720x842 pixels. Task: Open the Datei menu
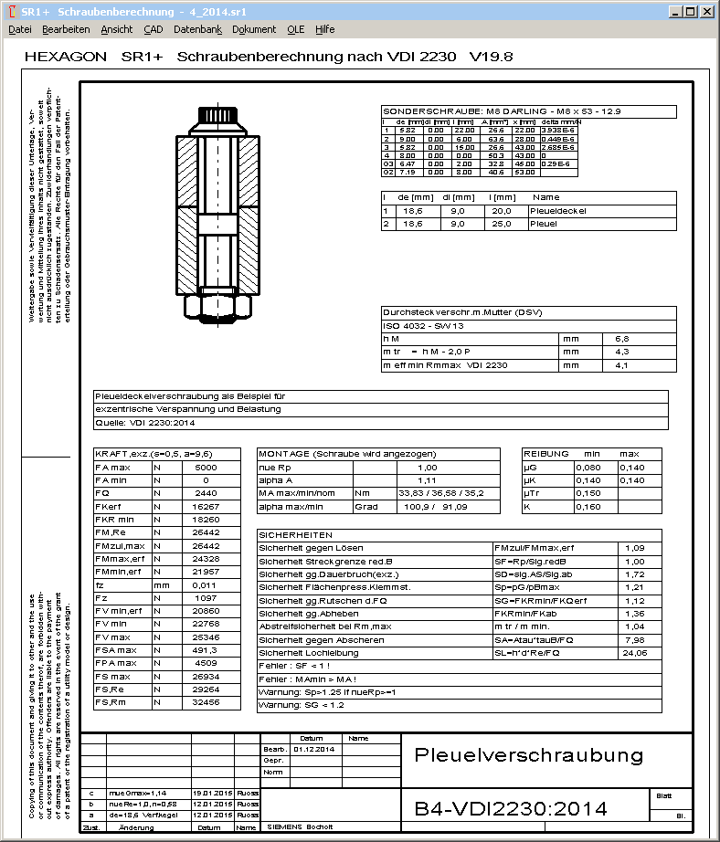pyautogui.click(x=19, y=29)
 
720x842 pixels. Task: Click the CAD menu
pyautogui.click(x=153, y=29)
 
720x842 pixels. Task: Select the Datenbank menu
pyautogui.click(x=197, y=29)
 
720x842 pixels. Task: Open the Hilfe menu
pyautogui.click(x=324, y=29)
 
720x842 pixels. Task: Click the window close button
pyautogui.click(x=708, y=12)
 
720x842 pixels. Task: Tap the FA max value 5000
pyautogui.click(x=206, y=467)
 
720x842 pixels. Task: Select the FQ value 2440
pyautogui.click(x=206, y=492)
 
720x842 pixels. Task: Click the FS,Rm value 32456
pyautogui.click(x=206, y=703)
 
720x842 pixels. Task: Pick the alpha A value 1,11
pyautogui.click(x=427, y=479)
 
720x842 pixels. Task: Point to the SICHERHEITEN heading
pyautogui.click(x=295, y=535)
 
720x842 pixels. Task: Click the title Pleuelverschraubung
pyautogui.click(x=529, y=755)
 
